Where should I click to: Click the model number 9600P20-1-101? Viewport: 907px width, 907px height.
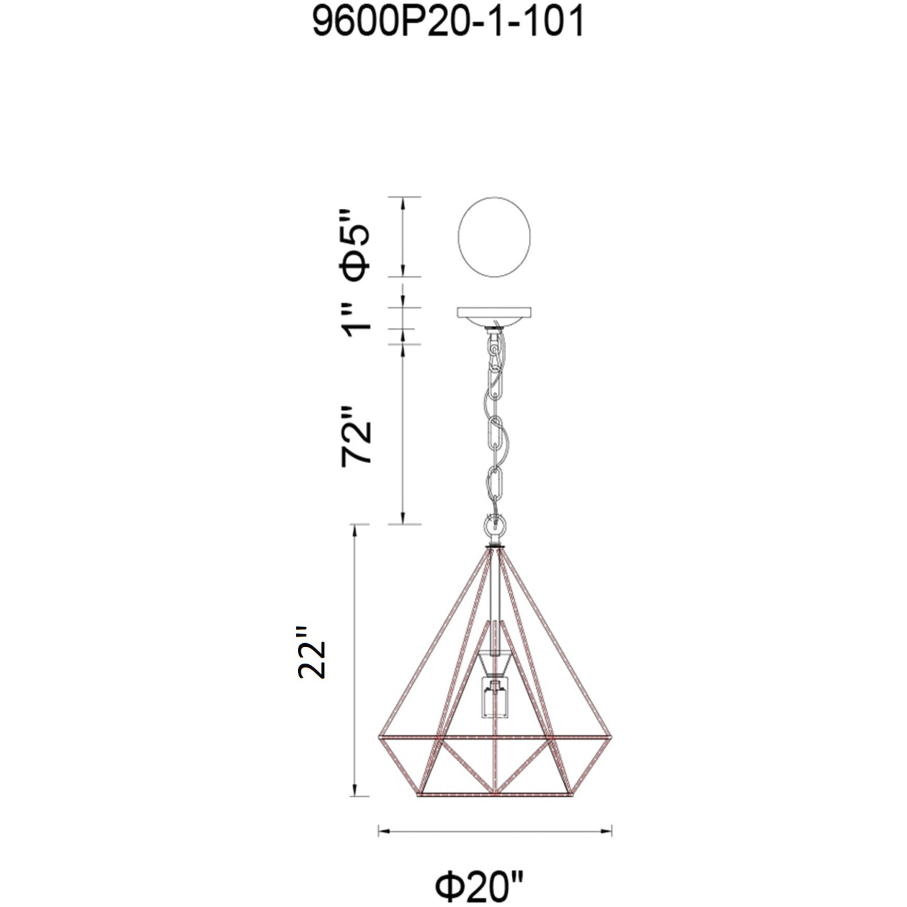click(x=448, y=22)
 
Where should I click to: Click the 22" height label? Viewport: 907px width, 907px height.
click(x=311, y=652)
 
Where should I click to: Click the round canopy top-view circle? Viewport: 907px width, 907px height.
click(x=494, y=237)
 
